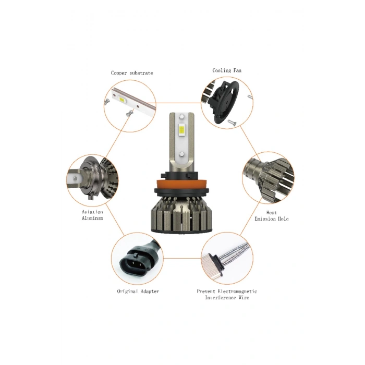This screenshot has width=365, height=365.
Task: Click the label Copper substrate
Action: click(132, 73)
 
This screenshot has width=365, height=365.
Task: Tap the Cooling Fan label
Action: click(227, 70)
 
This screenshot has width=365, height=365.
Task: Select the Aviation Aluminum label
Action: click(92, 215)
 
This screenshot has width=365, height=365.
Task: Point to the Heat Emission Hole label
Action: click(271, 216)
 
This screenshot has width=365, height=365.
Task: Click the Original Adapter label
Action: click(138, 291)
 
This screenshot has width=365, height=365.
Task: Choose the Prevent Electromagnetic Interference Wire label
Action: click(226, 295)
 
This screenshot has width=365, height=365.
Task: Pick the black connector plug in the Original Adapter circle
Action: click(133, 261)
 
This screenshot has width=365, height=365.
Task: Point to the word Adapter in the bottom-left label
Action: click(149, 291)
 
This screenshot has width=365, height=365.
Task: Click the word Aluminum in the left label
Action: click(92, 218)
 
